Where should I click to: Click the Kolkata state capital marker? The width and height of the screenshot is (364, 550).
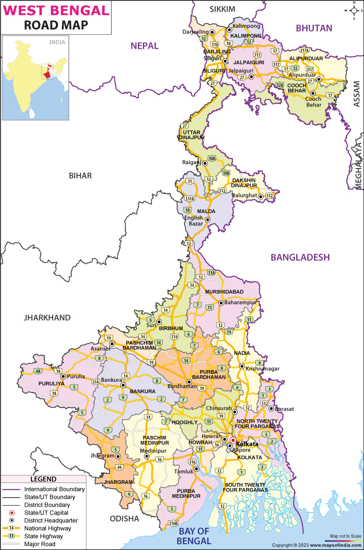coord(233,441)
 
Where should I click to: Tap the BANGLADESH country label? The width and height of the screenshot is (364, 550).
coord(300,257)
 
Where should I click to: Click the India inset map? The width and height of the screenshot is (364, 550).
coord(35,78)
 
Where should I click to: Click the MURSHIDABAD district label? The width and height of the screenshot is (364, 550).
coord(224,292)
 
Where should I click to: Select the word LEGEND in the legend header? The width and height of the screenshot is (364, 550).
coord(43,479)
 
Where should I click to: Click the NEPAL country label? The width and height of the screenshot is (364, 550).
coord(144,46)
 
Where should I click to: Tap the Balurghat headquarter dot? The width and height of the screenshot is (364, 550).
coord(261,197)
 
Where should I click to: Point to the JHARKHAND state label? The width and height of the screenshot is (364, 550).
coord(47,318)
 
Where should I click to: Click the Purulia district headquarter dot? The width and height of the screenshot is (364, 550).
coord(63,377)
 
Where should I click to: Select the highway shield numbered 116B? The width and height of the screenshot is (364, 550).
coord(172,523)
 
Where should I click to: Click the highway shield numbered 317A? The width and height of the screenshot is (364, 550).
coord(304,50)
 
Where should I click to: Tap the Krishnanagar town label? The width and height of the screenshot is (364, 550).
coord(263,369)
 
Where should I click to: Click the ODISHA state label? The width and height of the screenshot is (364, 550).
coord(124,519)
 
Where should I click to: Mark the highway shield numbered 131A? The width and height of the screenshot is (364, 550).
coord(189,198)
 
